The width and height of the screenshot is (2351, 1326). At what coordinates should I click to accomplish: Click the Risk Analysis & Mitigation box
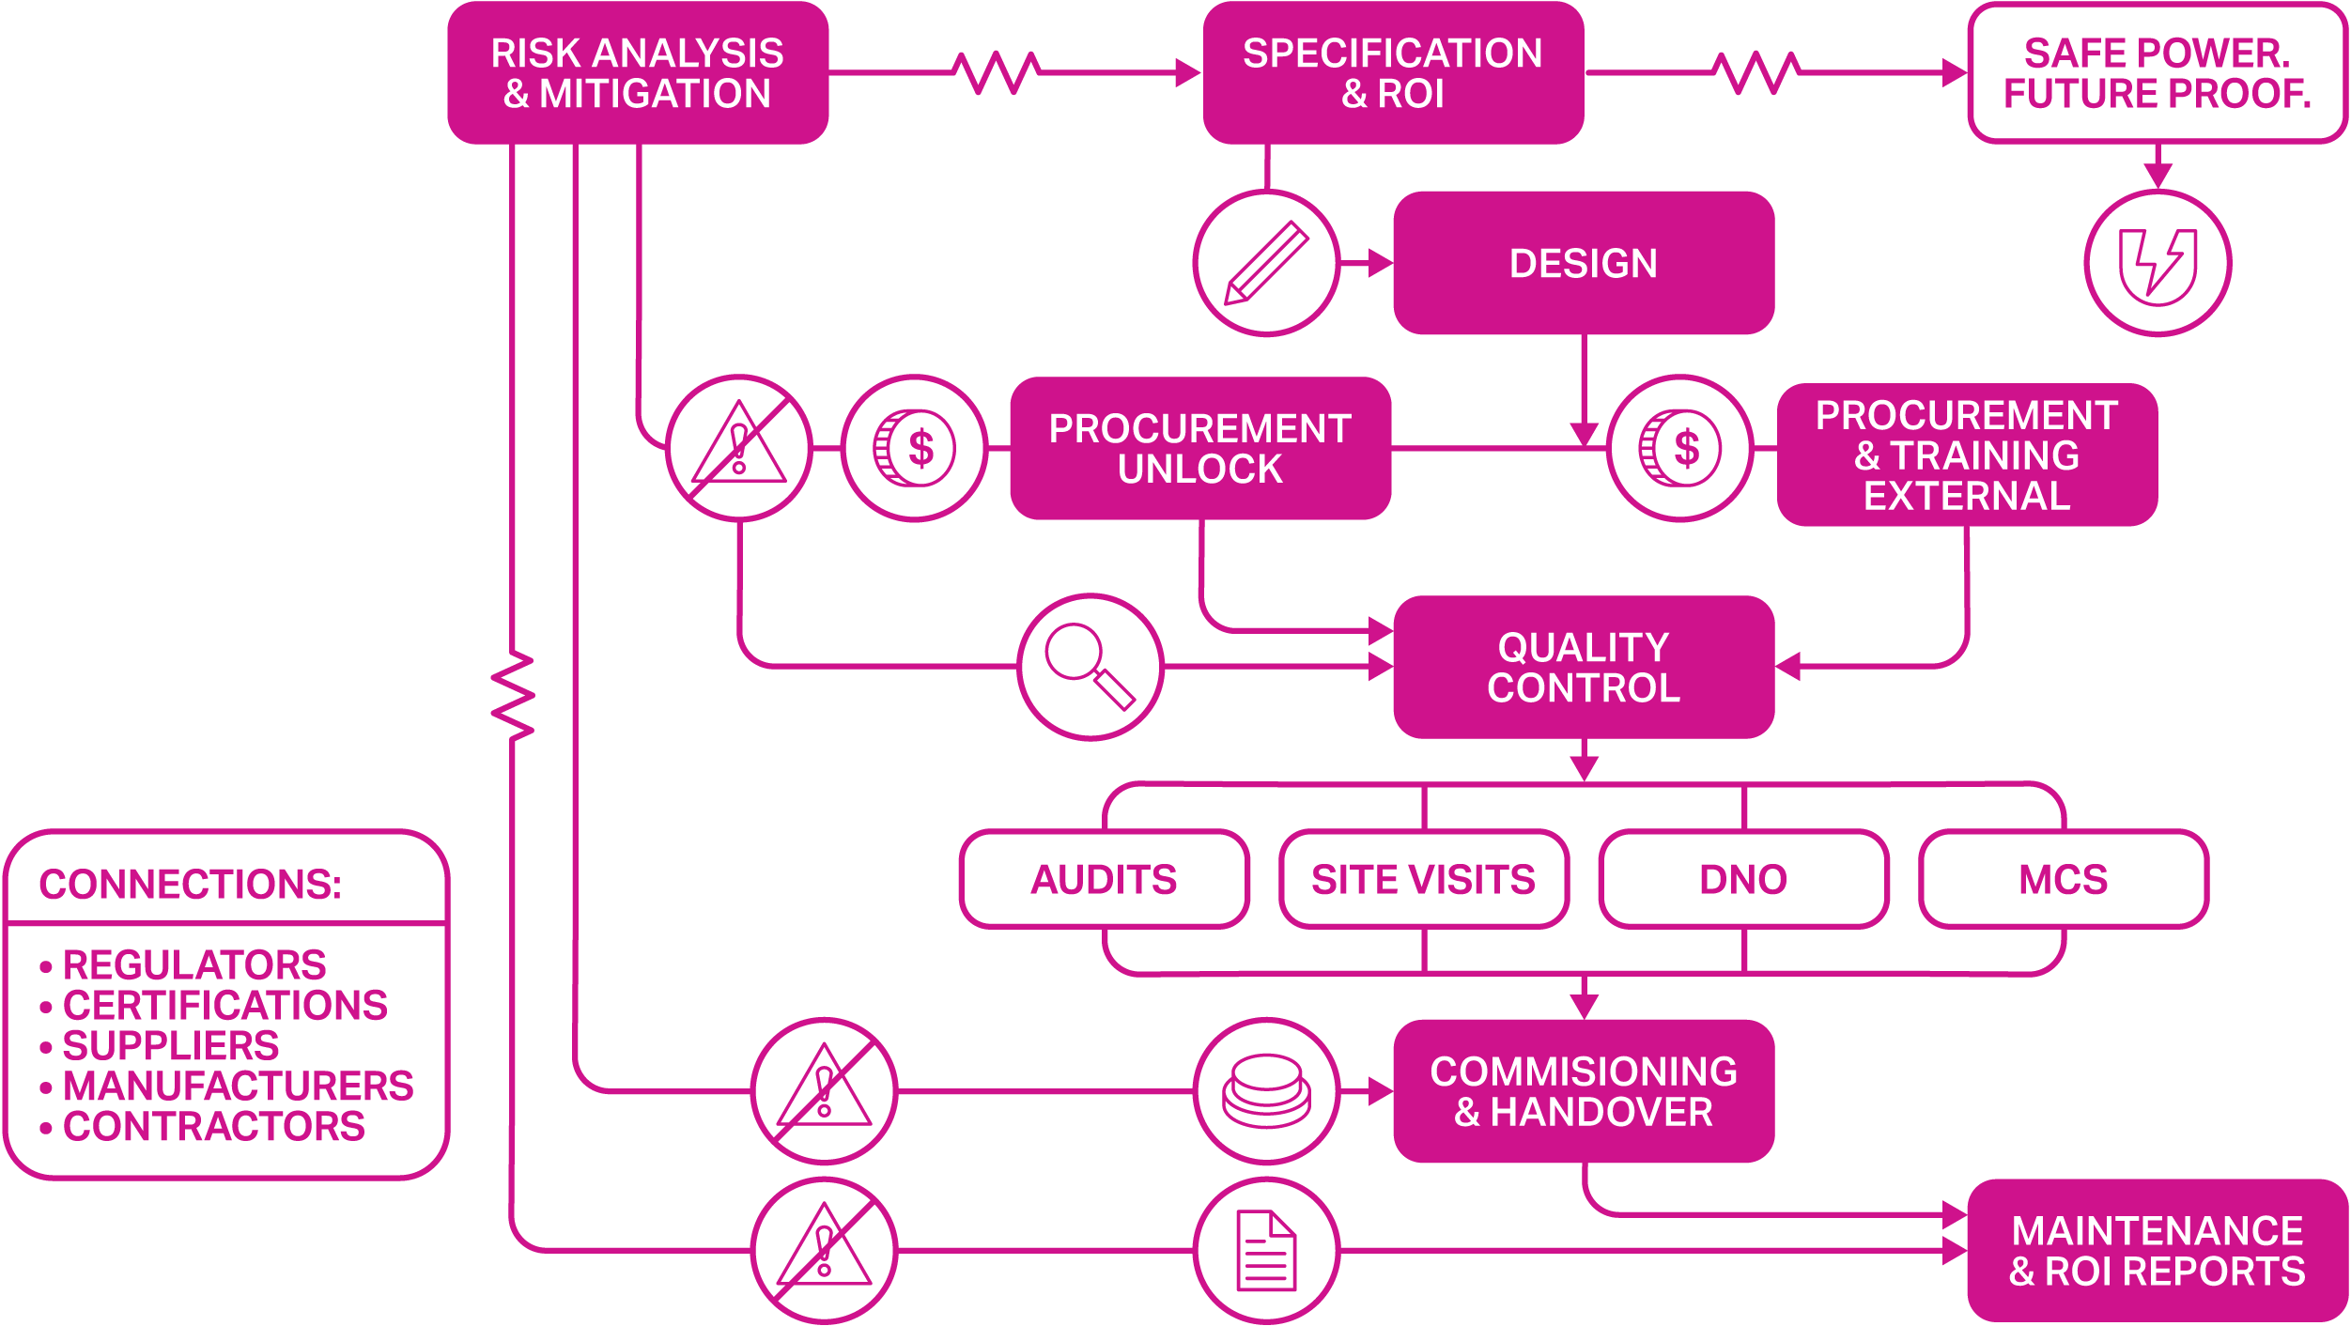point(638,73)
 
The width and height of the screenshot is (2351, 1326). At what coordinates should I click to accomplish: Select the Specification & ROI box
point(1393,73)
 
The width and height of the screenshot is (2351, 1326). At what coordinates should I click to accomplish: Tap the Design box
point(1584,264)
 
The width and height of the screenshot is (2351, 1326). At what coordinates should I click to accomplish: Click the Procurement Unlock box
point(1200,449)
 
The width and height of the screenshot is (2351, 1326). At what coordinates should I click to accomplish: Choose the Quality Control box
point(1584,668)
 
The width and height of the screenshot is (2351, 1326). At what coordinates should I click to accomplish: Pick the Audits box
point(1105,880)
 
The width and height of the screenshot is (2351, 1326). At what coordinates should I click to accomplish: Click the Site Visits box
point(1424,880)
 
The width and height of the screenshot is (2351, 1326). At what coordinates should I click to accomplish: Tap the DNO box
point(1743,880)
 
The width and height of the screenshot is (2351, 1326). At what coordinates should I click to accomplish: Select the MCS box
point(2064,880)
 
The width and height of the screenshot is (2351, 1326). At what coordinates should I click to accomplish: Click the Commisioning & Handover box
point(1584,1091)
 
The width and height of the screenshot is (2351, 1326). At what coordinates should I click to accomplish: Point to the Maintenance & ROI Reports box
point(2158,1251)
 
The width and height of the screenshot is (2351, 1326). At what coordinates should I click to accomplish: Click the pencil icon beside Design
point(1266,263)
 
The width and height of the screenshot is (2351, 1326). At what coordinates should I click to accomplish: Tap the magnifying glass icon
point(1090,667)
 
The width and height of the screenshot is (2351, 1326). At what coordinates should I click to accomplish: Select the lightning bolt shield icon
point(2158,263)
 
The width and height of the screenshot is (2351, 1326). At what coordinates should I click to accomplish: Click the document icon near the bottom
point(1266,1251)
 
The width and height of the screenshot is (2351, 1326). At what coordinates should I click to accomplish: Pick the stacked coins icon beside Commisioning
point(1266,1091)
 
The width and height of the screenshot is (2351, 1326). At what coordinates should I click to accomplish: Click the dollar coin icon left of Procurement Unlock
point(914,449)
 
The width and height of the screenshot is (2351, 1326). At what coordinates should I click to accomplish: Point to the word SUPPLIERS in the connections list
point(171,1046)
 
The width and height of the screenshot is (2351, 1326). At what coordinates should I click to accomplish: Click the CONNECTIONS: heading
point(191,885)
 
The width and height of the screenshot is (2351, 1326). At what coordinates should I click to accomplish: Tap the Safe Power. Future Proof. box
point(2158,73)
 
